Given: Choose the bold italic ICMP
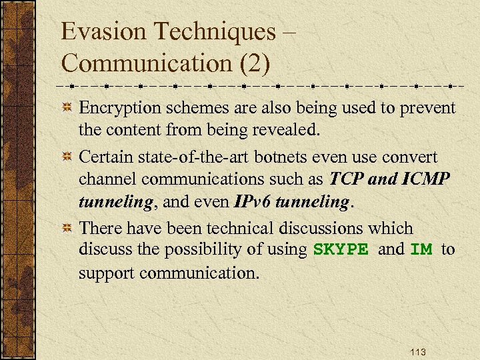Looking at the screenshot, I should (427, 179).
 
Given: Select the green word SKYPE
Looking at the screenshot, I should (341, 250).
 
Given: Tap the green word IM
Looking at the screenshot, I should (421, 250).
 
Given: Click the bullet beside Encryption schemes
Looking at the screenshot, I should (67, 108).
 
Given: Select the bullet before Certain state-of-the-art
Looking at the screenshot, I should (67, 157).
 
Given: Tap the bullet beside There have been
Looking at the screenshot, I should (67, 229).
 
